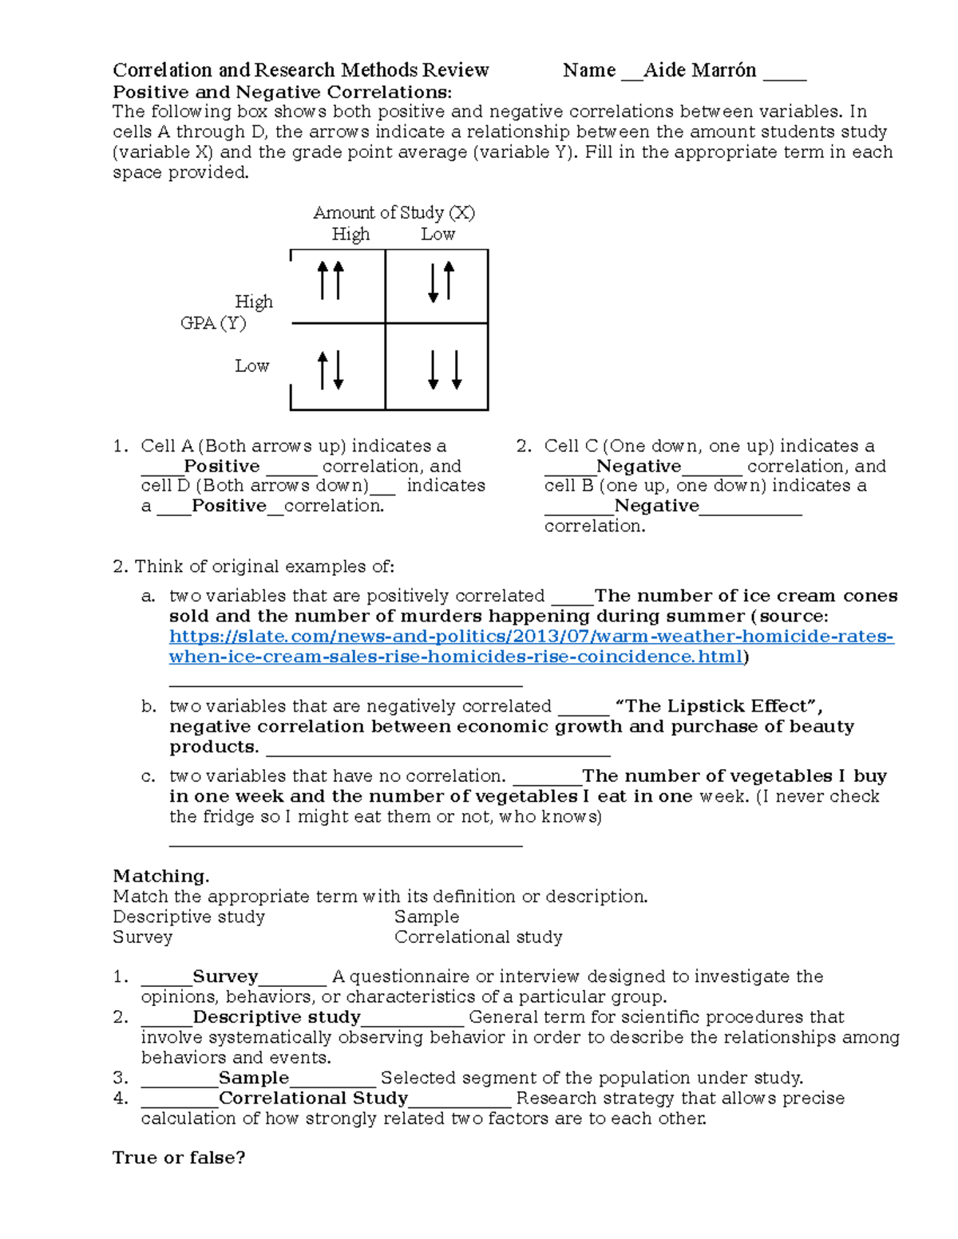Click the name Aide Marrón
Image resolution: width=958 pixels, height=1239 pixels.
[x=699, y=70]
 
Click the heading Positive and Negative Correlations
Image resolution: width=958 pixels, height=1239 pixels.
[x=282, y=92]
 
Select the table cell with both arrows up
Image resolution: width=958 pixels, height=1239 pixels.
[x=337, y=286]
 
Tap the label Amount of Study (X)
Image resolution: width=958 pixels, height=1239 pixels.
[x=394, y=212]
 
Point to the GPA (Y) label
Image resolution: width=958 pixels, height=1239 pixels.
[x=213, y=323]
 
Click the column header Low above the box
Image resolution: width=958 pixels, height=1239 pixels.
[x=437, y=235]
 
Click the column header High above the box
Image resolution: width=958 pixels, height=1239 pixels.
[x=350, y=235]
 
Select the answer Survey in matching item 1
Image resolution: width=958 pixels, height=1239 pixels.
[x=225, y=977]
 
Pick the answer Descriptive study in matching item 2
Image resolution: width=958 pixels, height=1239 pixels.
[x=276, y=1017]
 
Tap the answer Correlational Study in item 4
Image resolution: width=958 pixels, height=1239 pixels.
[x=313, y=1099]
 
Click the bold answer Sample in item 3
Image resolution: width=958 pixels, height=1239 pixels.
[x=253, y=1078]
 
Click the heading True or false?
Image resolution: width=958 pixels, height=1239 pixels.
[x=179, y=1158]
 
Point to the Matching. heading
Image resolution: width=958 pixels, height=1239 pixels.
[x=160, y=876]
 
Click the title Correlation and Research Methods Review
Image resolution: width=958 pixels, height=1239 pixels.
[x=300, y=70]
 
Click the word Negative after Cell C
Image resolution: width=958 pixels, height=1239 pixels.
[x=639, y=466]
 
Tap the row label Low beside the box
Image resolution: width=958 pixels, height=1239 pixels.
[x=251, y=366]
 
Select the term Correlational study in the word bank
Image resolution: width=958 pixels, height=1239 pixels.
[x=478, y=937]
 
